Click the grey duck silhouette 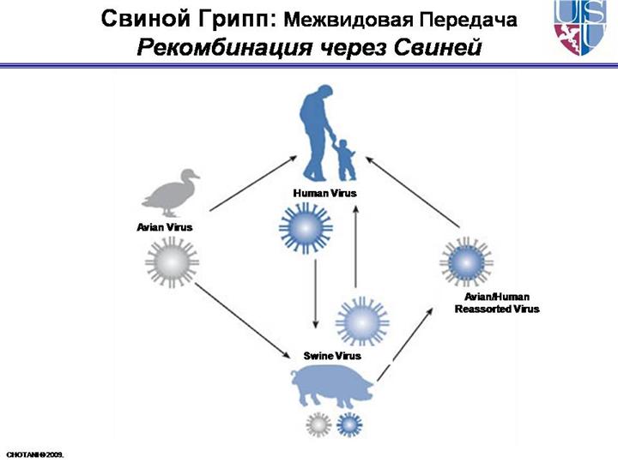[x=172, y=192]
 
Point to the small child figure [x=345, y=159]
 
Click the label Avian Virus [x=165, y=227]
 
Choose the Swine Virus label [x=332, y=355]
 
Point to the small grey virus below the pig [x=318, y=423]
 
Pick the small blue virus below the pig [x=348, y=423]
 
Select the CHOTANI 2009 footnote [x=35, y=452]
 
